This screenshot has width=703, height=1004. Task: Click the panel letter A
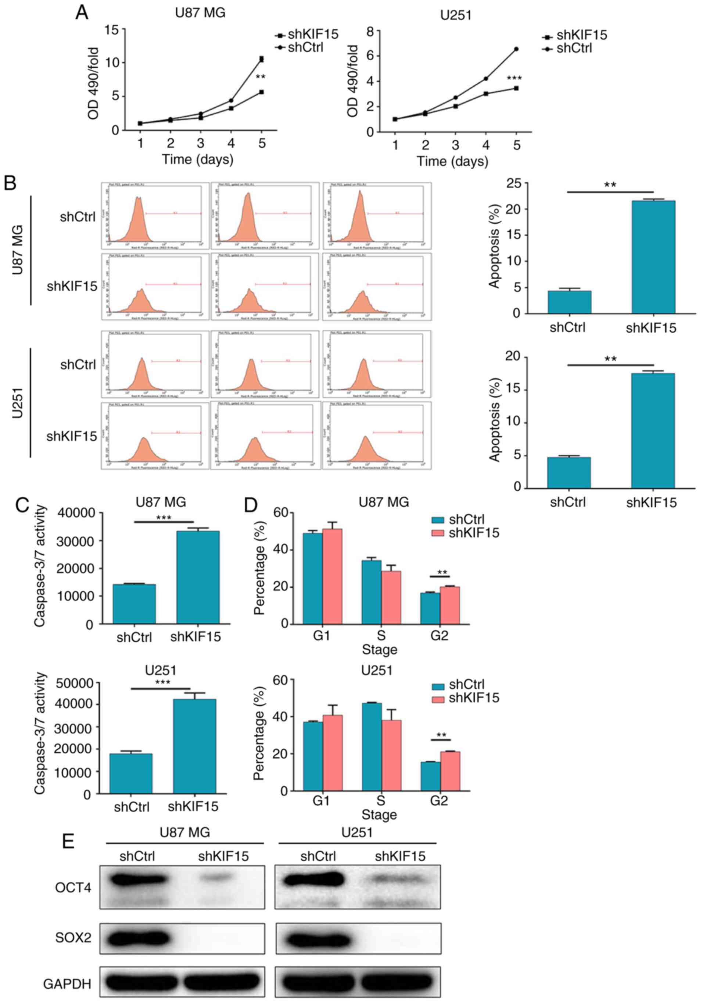(x=82, y=12)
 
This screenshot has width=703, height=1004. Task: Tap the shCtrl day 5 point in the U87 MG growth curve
(x=261, y=59)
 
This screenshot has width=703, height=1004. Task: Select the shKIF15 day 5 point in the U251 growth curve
(x=516, y=88)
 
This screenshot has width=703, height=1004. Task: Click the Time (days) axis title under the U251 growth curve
(x=452, y=162)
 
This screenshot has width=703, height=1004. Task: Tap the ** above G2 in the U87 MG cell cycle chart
(x=442, y=573)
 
